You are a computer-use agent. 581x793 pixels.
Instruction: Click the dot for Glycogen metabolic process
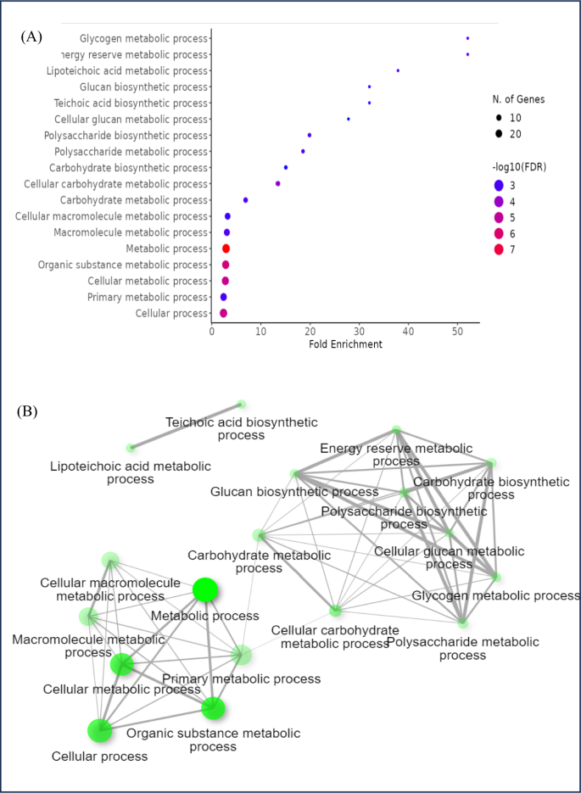[467, 38]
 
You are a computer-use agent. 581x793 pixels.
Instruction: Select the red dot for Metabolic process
[226, 249]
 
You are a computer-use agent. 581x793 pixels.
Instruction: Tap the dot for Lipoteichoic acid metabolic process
[398, 70]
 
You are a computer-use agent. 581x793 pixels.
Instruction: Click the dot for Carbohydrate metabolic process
[245, 200]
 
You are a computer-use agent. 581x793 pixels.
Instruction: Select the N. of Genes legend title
[521, 99]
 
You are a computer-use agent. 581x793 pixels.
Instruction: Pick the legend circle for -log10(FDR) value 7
[498, 249]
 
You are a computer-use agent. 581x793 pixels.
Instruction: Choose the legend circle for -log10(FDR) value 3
[498, 185]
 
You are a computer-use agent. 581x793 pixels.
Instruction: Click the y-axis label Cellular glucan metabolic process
[131, 120]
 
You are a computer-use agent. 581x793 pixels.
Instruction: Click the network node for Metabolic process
[205, 589]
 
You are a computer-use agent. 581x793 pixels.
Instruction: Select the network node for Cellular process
[100, 729]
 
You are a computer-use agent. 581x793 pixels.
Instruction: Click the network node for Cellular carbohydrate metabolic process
[336, 611]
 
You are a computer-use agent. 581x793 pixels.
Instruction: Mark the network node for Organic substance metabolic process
[213, 707]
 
